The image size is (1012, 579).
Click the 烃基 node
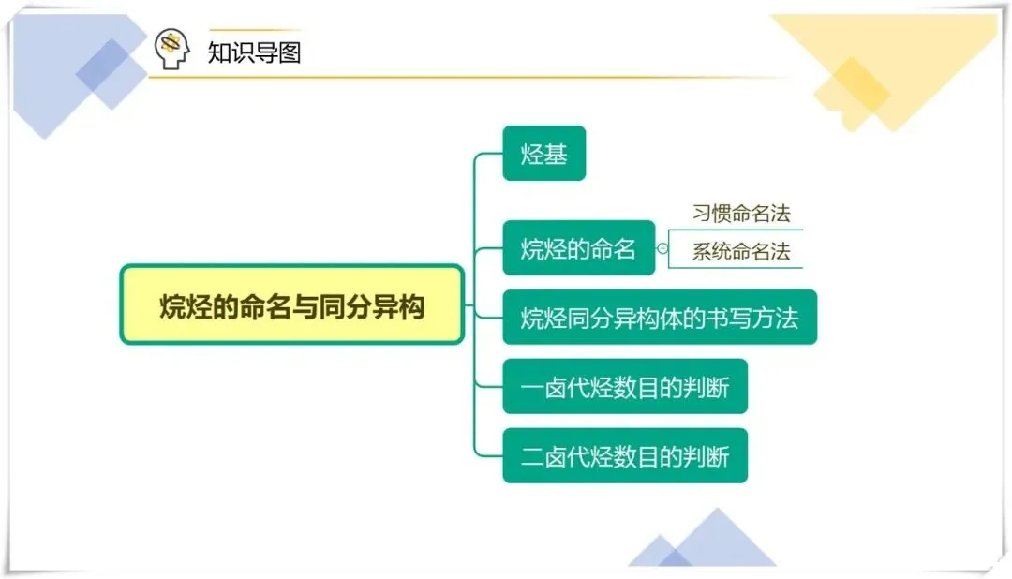(x=543, y=153)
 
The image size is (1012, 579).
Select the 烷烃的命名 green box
(x=578, y=248)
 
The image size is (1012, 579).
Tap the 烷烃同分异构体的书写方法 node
(x=659, y=317)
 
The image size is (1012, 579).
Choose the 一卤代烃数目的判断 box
(x=624, y=386)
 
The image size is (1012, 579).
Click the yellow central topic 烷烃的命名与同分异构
(x=291, y=304)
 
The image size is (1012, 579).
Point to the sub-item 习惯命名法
(x=740, y=214)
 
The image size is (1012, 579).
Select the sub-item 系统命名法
(x=740, y=251)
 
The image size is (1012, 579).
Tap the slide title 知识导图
(x=254, y=52)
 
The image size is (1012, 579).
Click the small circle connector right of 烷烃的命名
(x=662, y=248)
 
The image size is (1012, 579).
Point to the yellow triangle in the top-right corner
(x=900, y=56)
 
